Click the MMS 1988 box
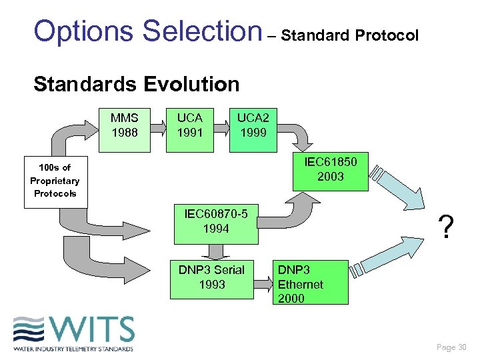(x=125, y=125)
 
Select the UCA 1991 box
(x=189, y=125)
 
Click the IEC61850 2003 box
(x=330, y=169)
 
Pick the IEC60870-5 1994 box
(x=215, y=222)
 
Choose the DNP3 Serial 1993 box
(x=211, y=277)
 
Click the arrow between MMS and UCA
(x=157, y=124)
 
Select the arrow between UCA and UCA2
(x=221, y=124)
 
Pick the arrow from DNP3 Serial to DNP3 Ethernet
(x=263, y=280)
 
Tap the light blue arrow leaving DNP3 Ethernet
(x=393, y=257)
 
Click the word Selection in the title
(x=202, y=31)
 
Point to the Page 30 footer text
(x=451, y=347)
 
